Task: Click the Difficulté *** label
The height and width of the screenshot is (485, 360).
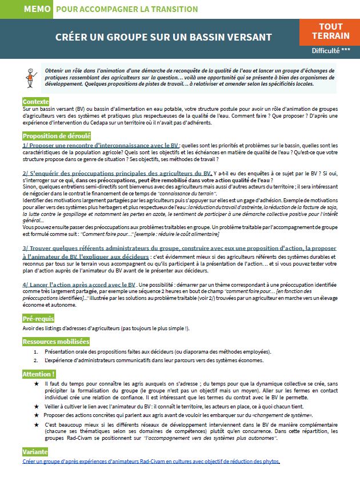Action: (331, 50)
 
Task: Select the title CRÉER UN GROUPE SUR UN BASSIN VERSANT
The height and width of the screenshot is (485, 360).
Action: (163, 37)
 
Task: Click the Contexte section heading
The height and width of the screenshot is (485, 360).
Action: (35, 101)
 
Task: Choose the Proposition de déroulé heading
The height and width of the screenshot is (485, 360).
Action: (57, 136)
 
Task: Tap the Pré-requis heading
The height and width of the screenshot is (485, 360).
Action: (39, 318)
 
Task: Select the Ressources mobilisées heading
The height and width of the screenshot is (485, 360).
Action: (56, 342)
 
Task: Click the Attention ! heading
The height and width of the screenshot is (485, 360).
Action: (39, 374)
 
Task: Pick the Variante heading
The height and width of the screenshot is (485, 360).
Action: (35, 452)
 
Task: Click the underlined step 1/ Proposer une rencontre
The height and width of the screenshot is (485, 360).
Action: (101, 146)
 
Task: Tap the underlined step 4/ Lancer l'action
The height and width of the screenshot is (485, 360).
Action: (79, 284)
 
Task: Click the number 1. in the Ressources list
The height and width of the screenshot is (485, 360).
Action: (36, 352)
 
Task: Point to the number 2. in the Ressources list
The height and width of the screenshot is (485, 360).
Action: (36, 360)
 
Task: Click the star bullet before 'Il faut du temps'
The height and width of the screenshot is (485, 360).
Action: (37, 384)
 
